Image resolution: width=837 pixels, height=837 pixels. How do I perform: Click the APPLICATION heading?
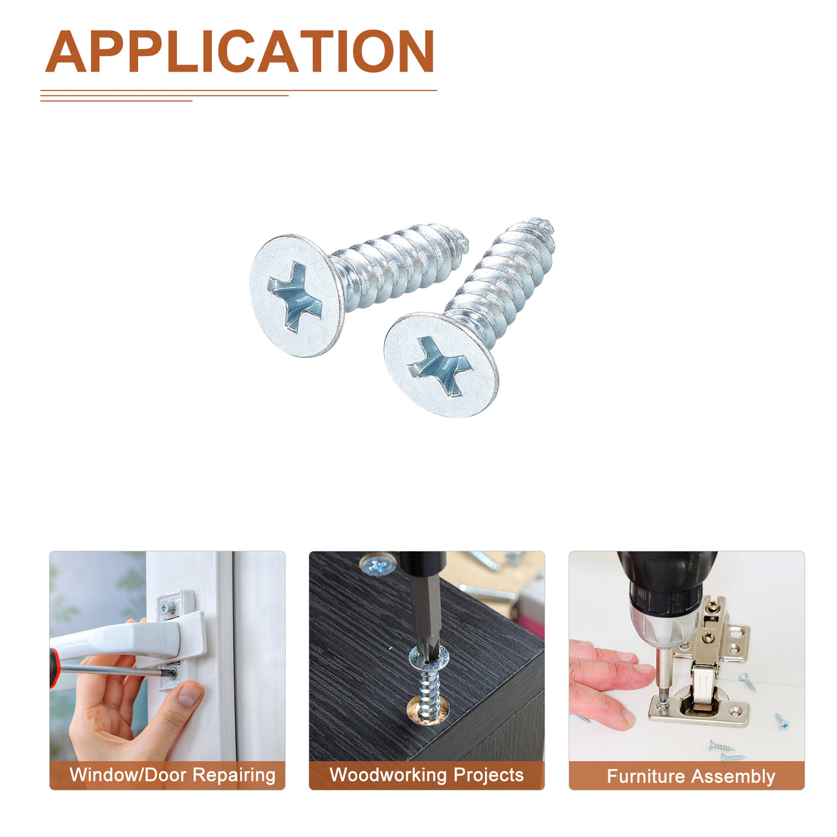pyautogui.click(x=239, y=51)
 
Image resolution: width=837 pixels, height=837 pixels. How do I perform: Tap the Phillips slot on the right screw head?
pyautogui.click(x=439, y=366)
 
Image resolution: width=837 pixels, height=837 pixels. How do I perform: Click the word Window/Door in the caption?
pyautogui.click(x=128, y=775)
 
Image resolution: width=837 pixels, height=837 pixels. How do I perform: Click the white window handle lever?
pyautogui.click(x=126, y=639)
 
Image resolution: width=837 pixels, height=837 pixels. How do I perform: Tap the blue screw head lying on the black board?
pyautogui.click(x=377, y=565)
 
